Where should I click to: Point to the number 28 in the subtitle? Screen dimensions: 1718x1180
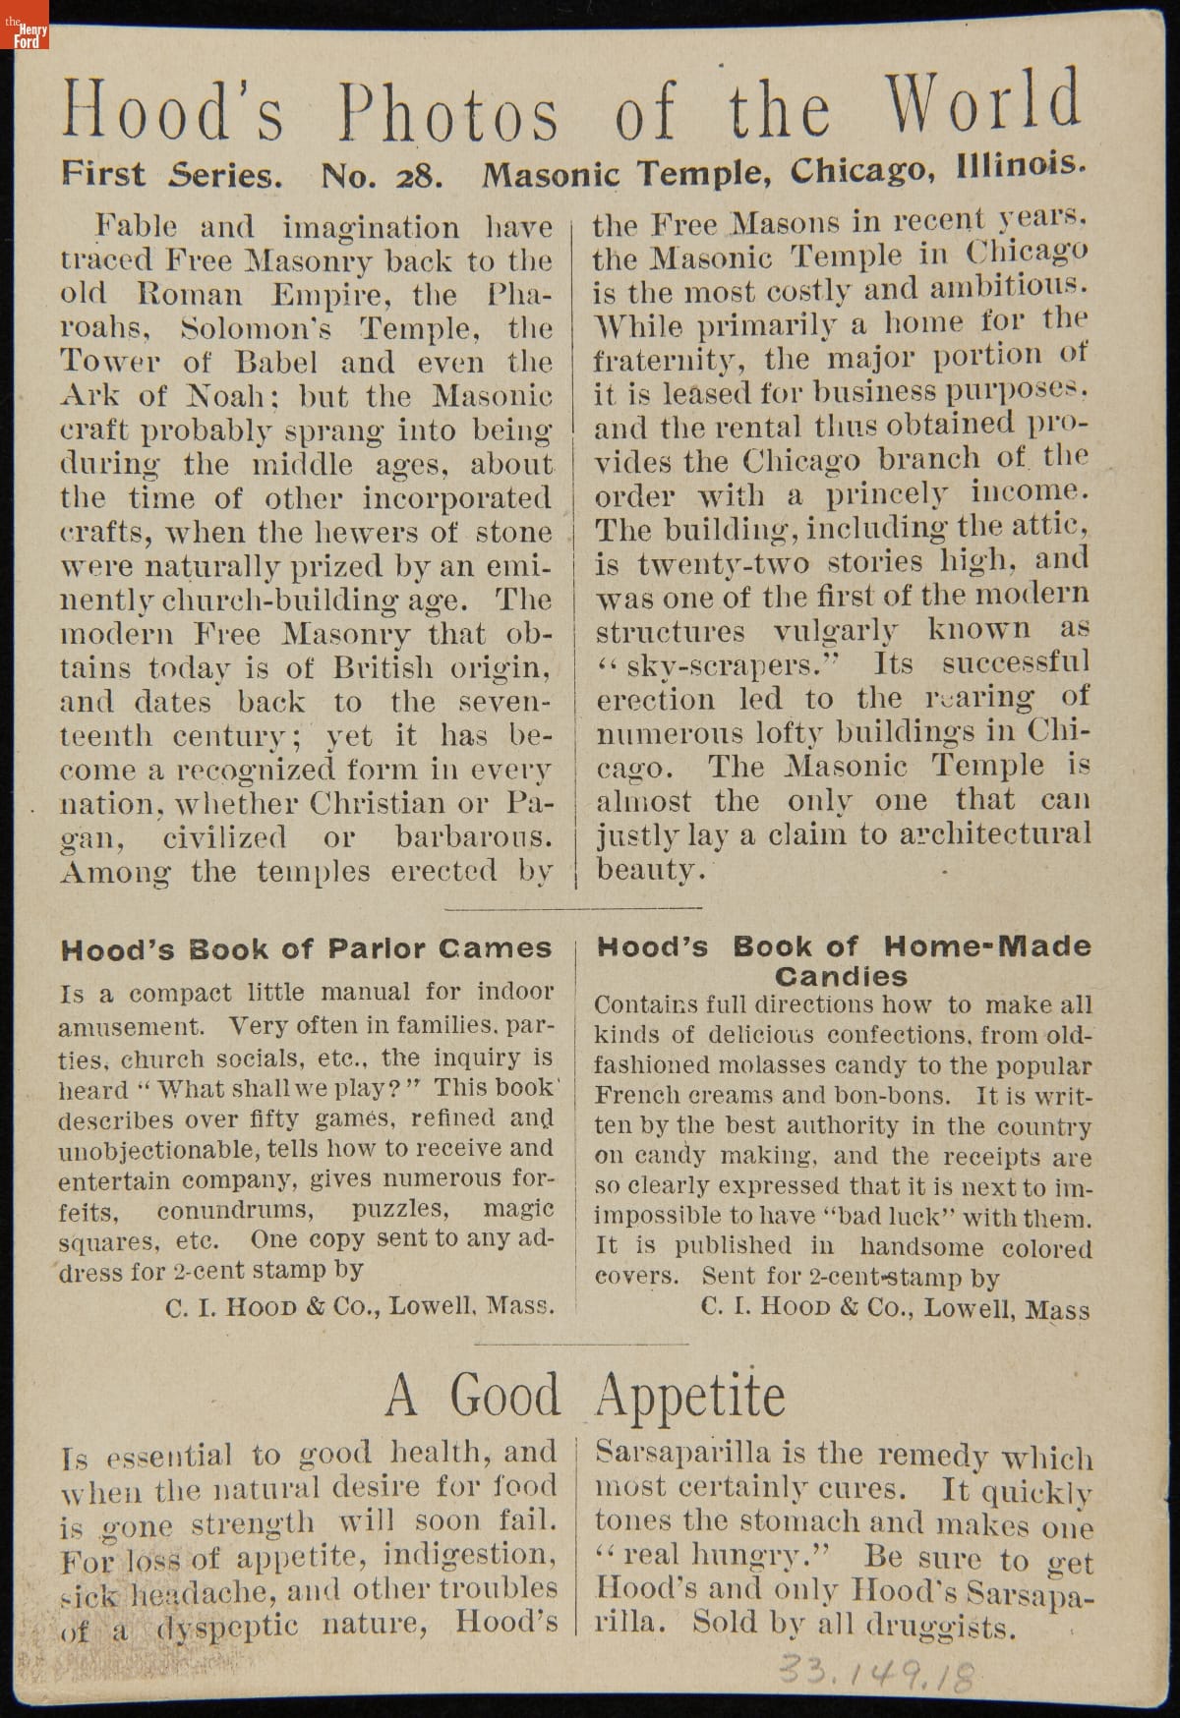(x=421, y=176)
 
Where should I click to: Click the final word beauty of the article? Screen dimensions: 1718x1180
(x=649, y=870)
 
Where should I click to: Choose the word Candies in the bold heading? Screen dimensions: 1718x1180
(x=841, y=977)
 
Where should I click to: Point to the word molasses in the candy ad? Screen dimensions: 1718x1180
(x=782, y=1066)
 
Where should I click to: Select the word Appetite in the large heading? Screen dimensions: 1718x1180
(x=690, y=1396)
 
